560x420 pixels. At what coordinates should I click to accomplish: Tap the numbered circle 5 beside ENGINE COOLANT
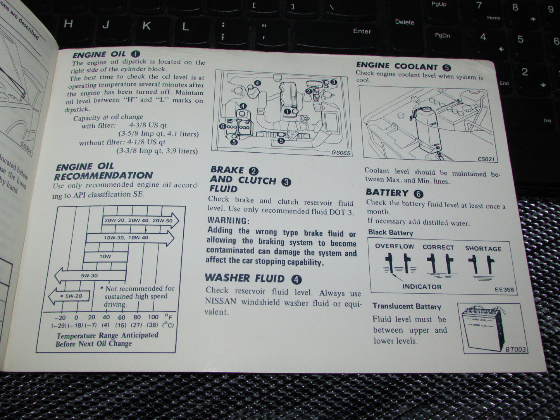click(446, 67)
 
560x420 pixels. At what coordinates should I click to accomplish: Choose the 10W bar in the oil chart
click(105, 256)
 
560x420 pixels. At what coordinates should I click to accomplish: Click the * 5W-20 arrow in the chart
click(70, 296)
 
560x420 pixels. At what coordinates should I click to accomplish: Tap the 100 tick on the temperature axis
click(153, 317)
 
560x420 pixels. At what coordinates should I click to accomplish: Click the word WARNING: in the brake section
click(228, 220)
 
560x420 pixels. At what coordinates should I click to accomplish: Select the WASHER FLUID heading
click(245, 278)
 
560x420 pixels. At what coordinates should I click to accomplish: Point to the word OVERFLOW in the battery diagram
click(394, 246)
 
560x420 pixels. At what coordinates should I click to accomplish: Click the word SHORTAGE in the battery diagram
click(483, 249)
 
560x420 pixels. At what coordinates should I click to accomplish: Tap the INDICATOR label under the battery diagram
click(422, 287)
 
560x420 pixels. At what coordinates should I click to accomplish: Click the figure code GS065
click(341, 153)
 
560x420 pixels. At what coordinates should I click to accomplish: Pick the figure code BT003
click(515, 349)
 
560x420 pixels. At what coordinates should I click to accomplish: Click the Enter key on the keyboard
click(362, 31)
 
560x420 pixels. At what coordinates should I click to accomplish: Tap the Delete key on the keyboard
click(405, 22)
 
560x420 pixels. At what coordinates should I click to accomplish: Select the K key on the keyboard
click(146, 26)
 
